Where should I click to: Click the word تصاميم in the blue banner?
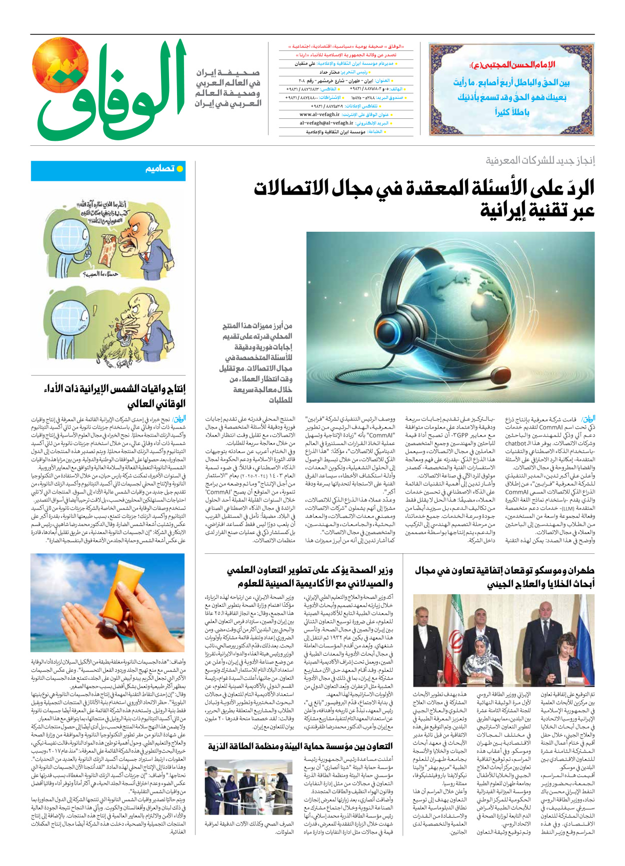tap(160, 169)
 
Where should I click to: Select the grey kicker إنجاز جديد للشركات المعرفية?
tap(540, 161)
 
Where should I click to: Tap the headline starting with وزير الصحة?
tap(310, 577)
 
